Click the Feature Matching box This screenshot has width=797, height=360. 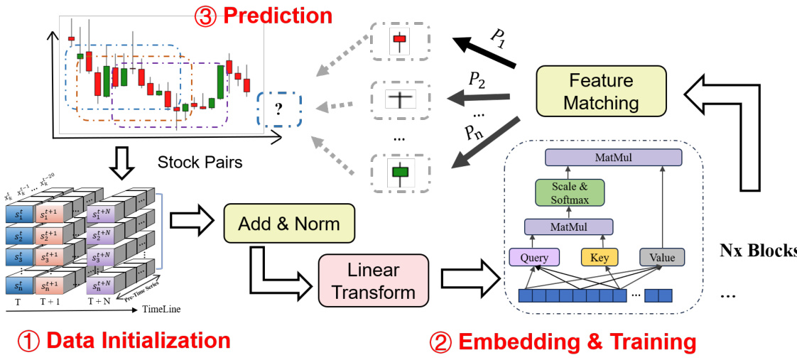[601, 91]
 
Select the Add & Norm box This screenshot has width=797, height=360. [288, 224]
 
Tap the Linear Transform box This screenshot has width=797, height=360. [373, 281]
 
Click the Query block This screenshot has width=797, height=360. [534, 257]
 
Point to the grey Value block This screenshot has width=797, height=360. [662, 257]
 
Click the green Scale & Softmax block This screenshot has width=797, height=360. [569, 192]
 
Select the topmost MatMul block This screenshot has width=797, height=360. [613, 158]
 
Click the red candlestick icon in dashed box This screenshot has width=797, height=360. [399, 41]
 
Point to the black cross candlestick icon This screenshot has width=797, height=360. [400, 99]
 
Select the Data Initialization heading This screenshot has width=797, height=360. [125, 341]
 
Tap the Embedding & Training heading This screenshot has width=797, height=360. [563, 343]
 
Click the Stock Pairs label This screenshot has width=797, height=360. [200, 163]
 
